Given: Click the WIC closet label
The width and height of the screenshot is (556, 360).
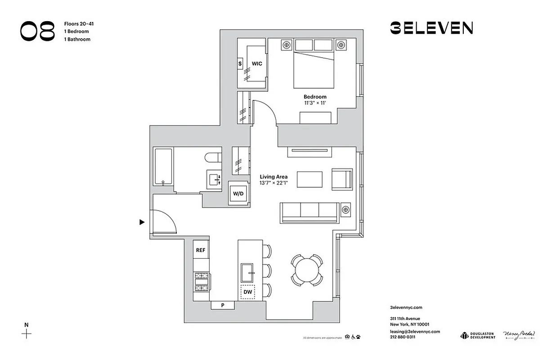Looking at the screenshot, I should pyautogui.click(x=257, y=64).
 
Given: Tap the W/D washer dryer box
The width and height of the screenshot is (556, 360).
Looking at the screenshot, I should pyautogui.click(x=238, y=193).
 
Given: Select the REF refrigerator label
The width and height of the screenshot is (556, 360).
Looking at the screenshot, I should pyautogui.click(x=201, y=250).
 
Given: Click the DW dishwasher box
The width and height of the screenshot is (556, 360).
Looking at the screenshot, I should pyautogui.click(x=247, y=292).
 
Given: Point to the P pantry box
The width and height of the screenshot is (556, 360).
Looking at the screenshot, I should pyautogui.click(x=223, y=306).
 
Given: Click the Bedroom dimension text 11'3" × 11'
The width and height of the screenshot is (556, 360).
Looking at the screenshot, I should pyautogui.click(x=314, y=103).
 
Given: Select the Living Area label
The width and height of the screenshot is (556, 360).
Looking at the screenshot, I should pyautogui.click(x=274, y=177).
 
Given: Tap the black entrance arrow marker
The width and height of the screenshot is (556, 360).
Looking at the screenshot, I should pyautogui.click(x=142, y=222).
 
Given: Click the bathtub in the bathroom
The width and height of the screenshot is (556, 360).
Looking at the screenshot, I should pyautogui.click(x=163, y=166).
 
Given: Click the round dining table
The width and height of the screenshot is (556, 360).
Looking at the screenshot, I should pyautogui.click(x=306, y=270).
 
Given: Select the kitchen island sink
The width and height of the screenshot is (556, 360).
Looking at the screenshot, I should pyautogui.click(x=248, y=272).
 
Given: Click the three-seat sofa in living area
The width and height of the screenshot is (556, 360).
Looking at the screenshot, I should pyautogui.click(x=309, y=212).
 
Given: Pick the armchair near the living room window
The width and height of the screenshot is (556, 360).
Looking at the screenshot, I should pyautogui.click(x=341, y=179).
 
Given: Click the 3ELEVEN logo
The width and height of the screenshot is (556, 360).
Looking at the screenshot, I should pyautogui.click(x=431, y=28).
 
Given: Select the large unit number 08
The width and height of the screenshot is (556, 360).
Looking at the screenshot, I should pyautogui.click(x=37, y=31).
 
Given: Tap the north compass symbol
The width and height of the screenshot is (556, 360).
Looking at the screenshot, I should pyautogui.click(x=27, y=333).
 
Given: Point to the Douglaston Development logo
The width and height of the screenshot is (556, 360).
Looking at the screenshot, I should pyautogui.click(x=477, y=335).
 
